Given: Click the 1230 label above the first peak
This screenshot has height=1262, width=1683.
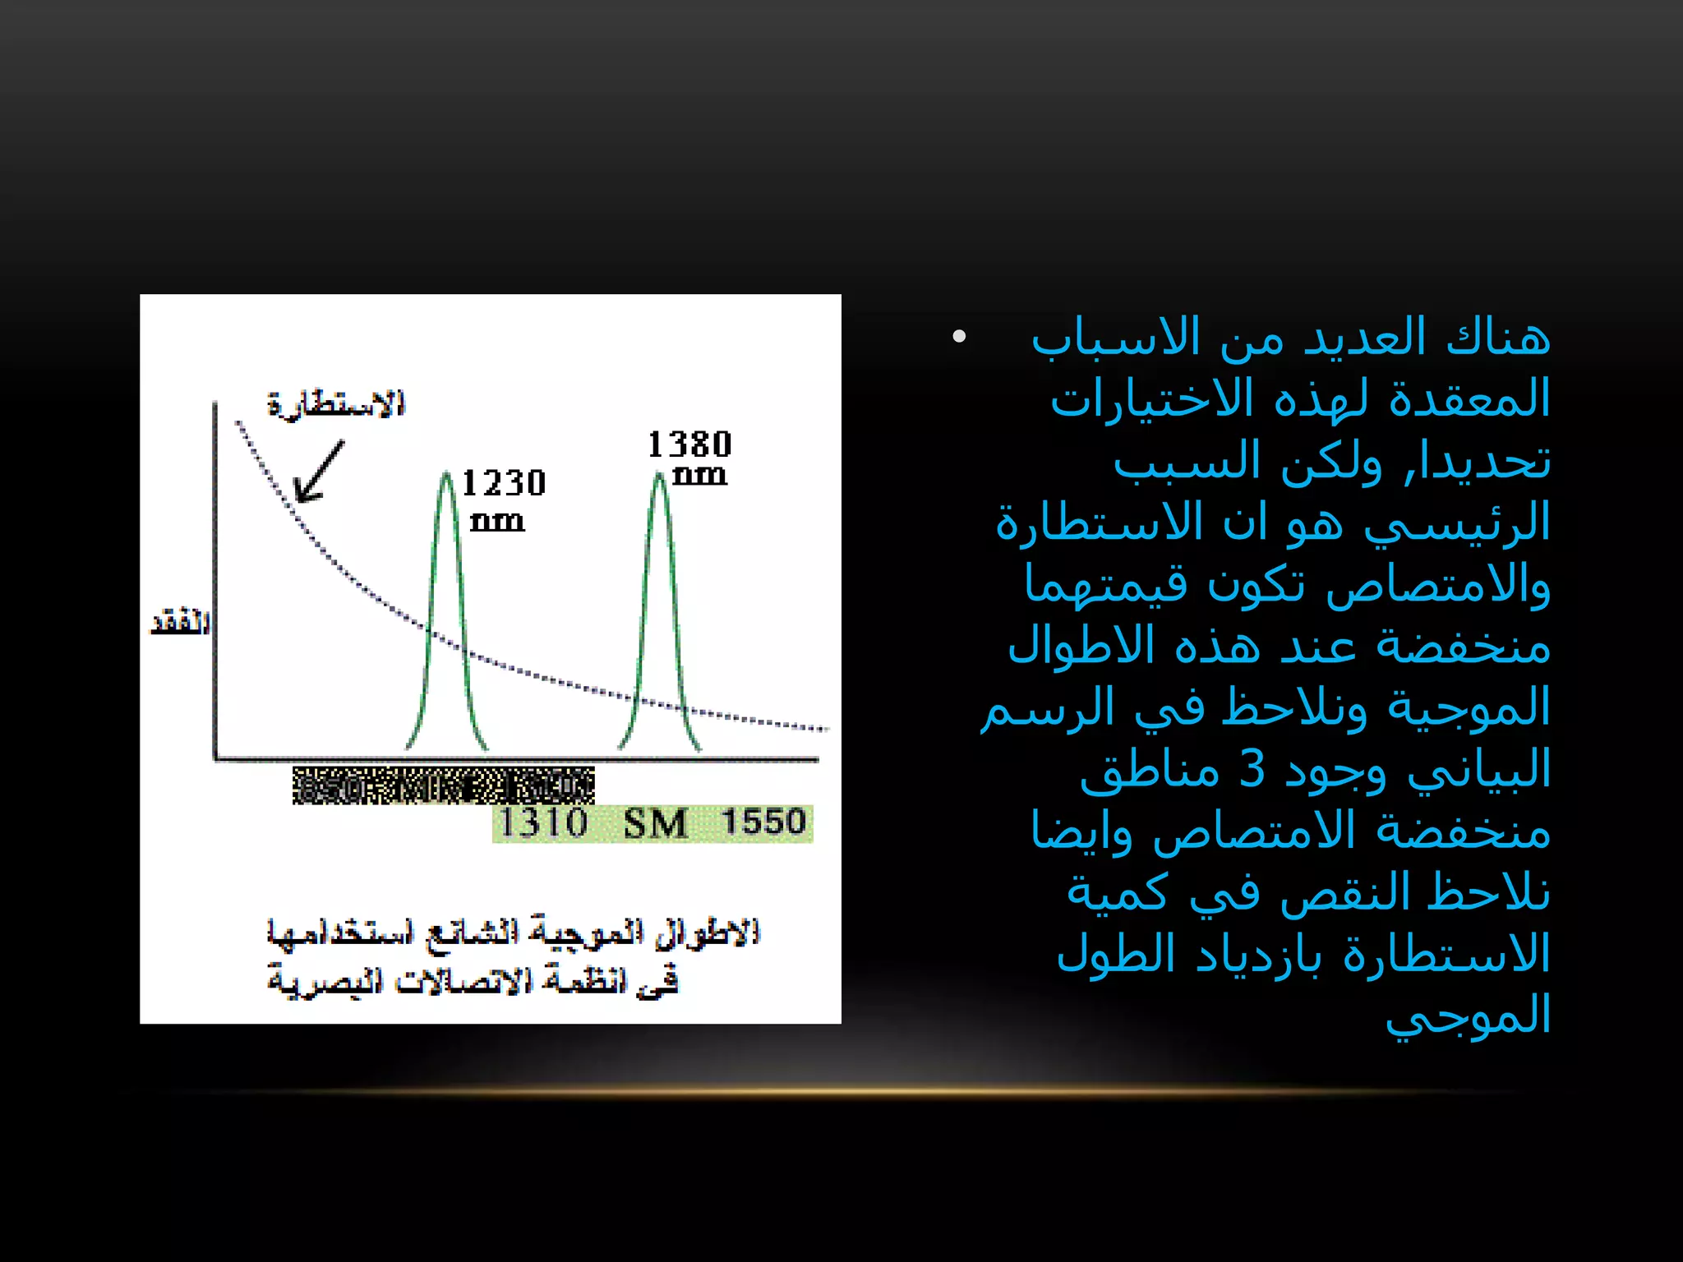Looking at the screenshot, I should coord(504,483).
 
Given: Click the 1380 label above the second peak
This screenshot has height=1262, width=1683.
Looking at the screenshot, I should coord(689,444).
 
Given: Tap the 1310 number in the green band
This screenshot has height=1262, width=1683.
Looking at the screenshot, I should coord(543,822).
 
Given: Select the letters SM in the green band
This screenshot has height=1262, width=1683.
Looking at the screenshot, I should coord(655,823).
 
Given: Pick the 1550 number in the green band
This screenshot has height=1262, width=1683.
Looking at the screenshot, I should coord(763,822).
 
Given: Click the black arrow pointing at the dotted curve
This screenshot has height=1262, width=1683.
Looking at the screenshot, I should coord(318,472).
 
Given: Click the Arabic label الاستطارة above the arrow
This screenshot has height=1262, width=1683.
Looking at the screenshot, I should coord(336,404).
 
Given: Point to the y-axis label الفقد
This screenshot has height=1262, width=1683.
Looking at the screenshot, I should coord(180,622).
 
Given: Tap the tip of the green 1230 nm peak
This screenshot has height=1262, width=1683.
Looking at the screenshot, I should coord(446,474).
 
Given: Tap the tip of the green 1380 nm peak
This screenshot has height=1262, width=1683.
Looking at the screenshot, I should coord(660,474).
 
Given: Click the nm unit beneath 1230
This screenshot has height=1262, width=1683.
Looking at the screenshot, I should coord(497,522).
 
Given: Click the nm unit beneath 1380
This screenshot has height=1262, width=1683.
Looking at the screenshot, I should coord(699,476).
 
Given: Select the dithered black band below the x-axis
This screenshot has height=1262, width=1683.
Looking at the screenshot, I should coord(444,785).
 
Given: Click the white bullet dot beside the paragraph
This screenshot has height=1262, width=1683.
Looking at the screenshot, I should coord(958,336).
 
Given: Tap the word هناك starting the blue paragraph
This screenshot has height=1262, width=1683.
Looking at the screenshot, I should coord(1497,338).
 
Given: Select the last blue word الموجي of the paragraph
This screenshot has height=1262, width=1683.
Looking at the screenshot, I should coord(1468,1016).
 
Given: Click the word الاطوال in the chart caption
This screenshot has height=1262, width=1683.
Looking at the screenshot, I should coord(708,933).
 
